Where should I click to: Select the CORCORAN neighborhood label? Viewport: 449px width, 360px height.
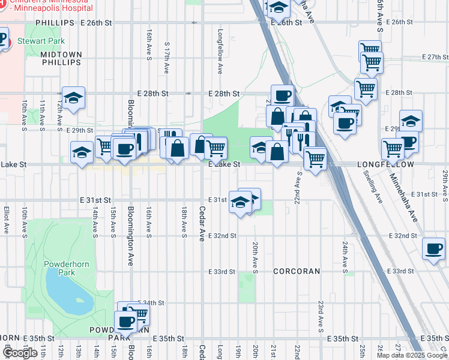click(297, 271)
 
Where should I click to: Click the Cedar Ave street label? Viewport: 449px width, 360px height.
click(202, 224)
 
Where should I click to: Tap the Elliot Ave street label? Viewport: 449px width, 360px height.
click(6, 220)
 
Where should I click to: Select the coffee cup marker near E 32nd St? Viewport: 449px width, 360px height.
click(433, 248)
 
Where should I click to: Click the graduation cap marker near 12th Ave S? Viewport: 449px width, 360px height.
click(73, 97)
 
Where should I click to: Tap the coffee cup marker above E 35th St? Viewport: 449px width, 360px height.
click(126, 321)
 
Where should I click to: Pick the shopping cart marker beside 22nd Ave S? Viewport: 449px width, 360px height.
click(315, 158)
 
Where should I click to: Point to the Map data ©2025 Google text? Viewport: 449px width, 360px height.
click(411, 355)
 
